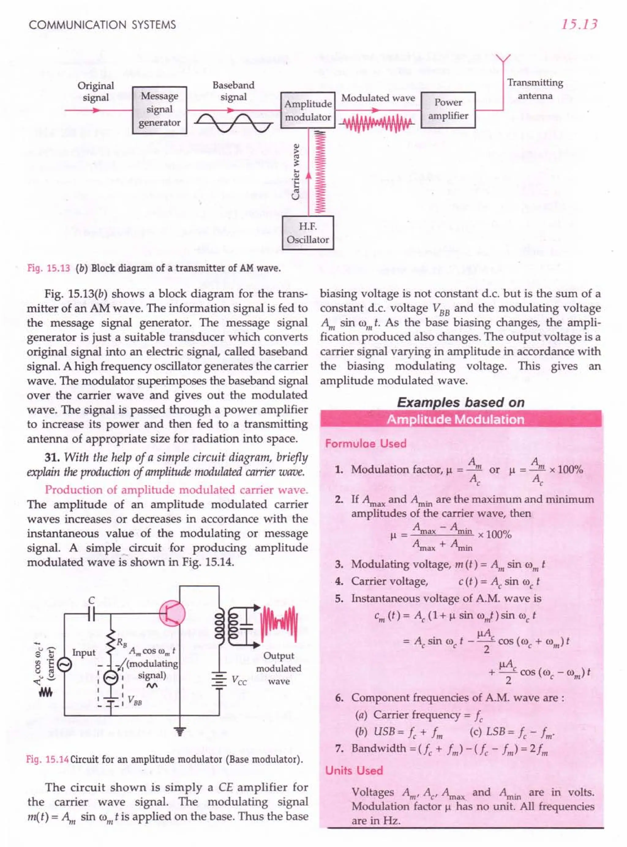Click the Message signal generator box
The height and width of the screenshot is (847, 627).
(160, 110)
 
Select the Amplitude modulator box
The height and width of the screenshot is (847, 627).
(308, 110)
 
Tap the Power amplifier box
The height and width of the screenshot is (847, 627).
(448, 110)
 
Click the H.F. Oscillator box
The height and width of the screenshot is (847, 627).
(308, 233)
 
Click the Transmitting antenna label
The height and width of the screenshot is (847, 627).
(535, 89)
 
